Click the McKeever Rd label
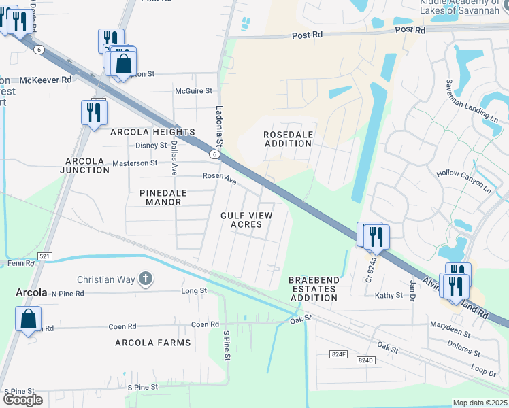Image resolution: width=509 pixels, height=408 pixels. [45, 80]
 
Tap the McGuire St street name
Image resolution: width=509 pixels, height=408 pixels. [193, 90]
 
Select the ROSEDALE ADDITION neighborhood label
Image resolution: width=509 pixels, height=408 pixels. [288, 139]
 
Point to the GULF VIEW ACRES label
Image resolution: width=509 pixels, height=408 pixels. [246, 220]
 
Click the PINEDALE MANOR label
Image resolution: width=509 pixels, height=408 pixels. [172, 198]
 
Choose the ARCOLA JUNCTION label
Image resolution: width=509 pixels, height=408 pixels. [86, 165]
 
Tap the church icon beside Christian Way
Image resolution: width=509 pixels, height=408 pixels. [144, 278]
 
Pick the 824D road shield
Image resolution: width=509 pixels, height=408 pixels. [365, 360]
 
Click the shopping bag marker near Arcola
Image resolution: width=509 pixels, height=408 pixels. [28, 320]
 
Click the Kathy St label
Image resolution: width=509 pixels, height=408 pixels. [389, 295]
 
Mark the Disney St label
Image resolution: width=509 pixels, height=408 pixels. [151, 146]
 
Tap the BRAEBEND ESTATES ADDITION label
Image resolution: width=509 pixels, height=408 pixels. [312, 289]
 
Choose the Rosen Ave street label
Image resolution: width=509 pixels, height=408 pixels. [219, 178]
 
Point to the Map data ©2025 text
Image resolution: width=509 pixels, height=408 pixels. [480, 403]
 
